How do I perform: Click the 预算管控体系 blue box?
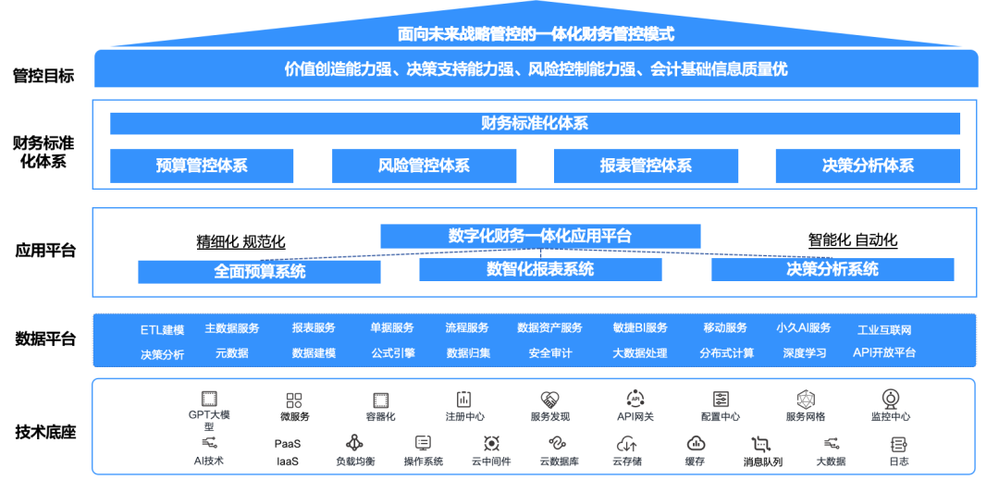tap(202, 166)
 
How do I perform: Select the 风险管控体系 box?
tap(424, 166)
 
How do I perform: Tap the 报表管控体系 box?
tap(646, 166)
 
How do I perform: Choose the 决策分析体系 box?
tap(868, 166)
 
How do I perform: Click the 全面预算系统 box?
tap(259, 272)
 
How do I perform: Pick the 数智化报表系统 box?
tap(540, 270)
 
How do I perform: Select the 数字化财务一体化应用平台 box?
tap(540, 237)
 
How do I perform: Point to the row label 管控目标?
tap(43, 76)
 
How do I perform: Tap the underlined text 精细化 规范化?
tap(240, 242)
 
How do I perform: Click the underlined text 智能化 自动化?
tap(853, 240)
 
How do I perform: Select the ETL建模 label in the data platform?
tap(162, 329)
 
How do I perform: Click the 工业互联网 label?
tap(884, 330)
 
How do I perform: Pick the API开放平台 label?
tap(884, 352)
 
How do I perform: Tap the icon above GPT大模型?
tap(209, 399)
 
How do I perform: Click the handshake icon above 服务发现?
tap(549, 400)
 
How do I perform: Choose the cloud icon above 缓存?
tap(696, 443)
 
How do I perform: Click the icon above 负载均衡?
tap(354, 443)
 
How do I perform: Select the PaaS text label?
tap(288, 444)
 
